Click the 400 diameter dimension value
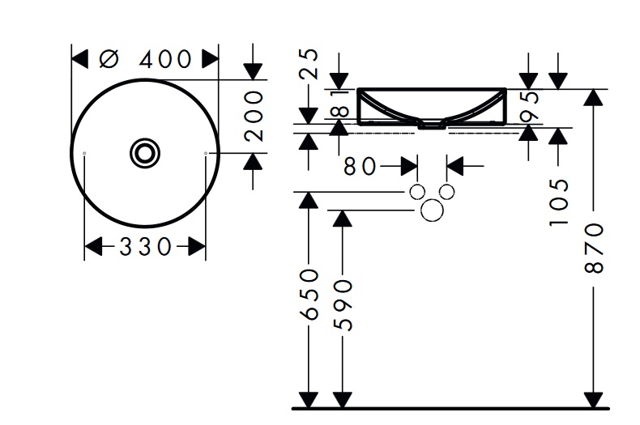click(x=165, y=59)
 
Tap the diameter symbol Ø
click(x=109, y=59)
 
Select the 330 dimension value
click(x=147, y=246)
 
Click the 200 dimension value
click(x=254, y=116)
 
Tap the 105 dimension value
click(x=558, y=202)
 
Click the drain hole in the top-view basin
click(x=145, y=152)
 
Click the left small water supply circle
click(x=416, y=192)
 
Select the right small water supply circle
click(x=447, y=192)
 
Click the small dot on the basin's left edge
click(x=84, y=152)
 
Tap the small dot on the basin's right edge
click(x=207, y=152)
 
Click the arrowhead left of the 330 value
click(x=93, y=246)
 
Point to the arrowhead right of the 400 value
click(x=211, y=59)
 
